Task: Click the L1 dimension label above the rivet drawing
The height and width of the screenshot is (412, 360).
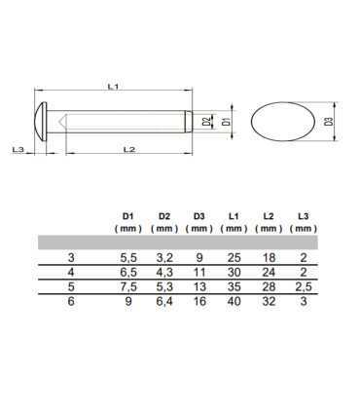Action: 114,88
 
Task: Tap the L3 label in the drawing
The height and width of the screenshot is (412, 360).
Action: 18,149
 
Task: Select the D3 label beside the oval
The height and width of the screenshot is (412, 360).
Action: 330,121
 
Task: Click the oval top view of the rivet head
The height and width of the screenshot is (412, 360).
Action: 282,123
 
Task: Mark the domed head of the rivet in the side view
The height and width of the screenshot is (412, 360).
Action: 43,122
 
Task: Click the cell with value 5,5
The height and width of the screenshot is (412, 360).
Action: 127,258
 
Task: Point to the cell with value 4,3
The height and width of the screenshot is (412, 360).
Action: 162,274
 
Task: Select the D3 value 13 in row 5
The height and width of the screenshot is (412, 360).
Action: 198,288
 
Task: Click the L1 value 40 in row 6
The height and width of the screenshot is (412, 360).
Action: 234,304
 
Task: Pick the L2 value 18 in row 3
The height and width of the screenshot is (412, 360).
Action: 268,258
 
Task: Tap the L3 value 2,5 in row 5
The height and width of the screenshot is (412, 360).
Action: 304,288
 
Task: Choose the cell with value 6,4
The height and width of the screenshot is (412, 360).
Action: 162,304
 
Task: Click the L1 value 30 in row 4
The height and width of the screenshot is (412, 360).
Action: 234,274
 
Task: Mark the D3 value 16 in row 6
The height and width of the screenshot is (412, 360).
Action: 198,304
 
